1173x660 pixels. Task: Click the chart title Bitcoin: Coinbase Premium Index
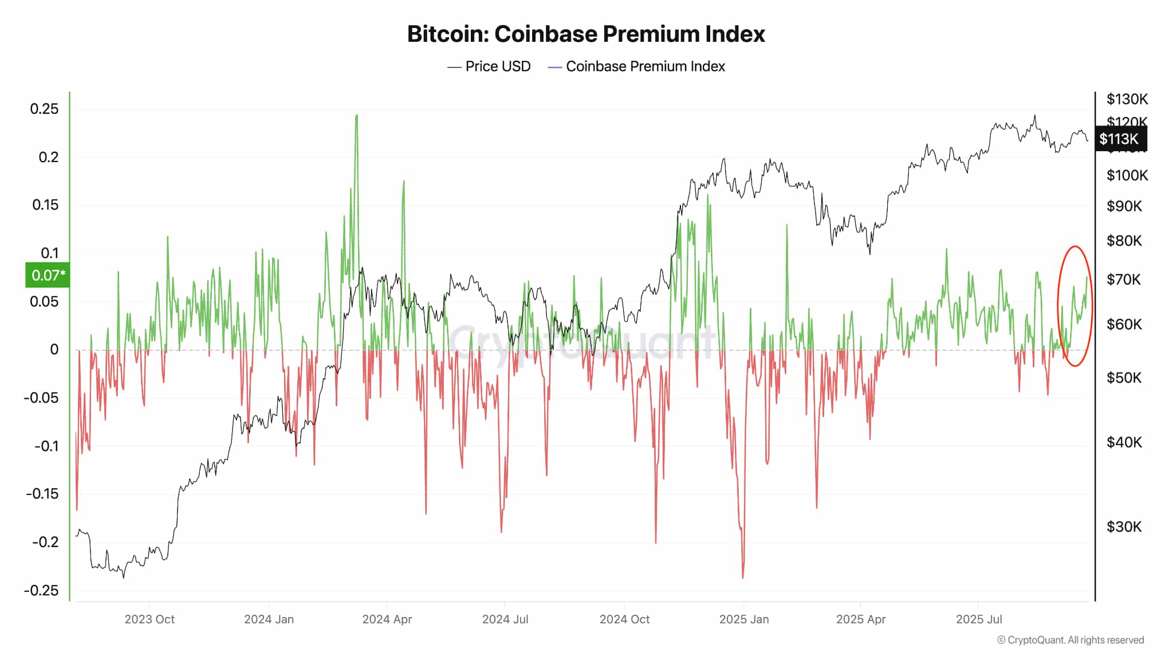tap(586, 34)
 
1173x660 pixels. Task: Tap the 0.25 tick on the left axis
tap(44, 109)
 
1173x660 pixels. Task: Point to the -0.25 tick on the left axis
tap(41, 590)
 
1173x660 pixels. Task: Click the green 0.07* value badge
tap(48, 275)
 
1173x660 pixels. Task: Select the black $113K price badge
tap(1120, 139)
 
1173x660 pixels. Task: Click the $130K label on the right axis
tap(1127, 99)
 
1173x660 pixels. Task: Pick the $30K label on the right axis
tap(1124, 527)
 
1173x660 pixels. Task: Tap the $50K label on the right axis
tap(1124, 378)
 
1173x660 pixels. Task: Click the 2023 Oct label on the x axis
tap(149, 619)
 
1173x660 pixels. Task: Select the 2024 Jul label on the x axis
tap(505, 619)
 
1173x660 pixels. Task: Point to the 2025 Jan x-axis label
tap(743, 619)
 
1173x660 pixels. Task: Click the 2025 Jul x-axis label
tap(978, 619)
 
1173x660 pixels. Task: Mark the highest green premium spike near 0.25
tap(357, 116)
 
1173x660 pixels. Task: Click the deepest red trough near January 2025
tap(743, 576)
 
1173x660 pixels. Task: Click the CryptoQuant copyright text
tap(1070, 640)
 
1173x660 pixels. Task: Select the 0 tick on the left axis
tap(54, 349)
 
